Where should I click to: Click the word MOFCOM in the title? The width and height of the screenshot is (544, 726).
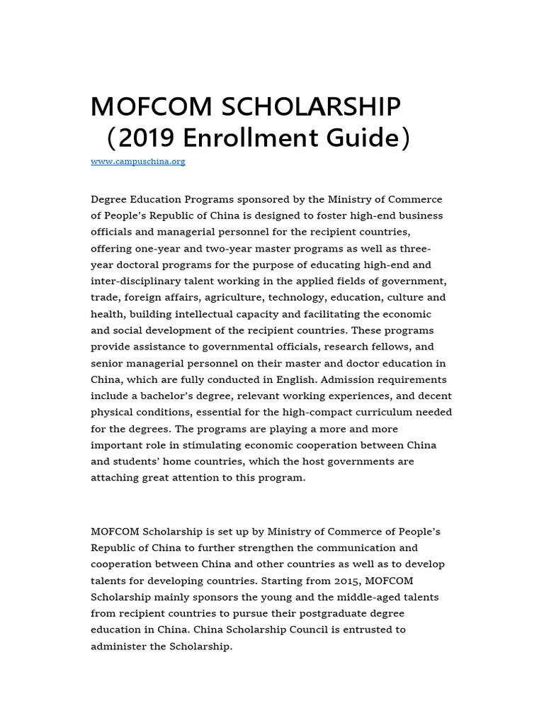click(x=152, y=107)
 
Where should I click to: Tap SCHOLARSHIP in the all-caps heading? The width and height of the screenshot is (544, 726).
click(x=312, y=107)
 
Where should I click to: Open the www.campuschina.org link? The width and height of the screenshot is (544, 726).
click(x=137, y=162)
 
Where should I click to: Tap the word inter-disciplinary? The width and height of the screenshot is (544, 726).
click(x=136, y=281)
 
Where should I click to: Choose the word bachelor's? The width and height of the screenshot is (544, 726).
click(x=169, y=396)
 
